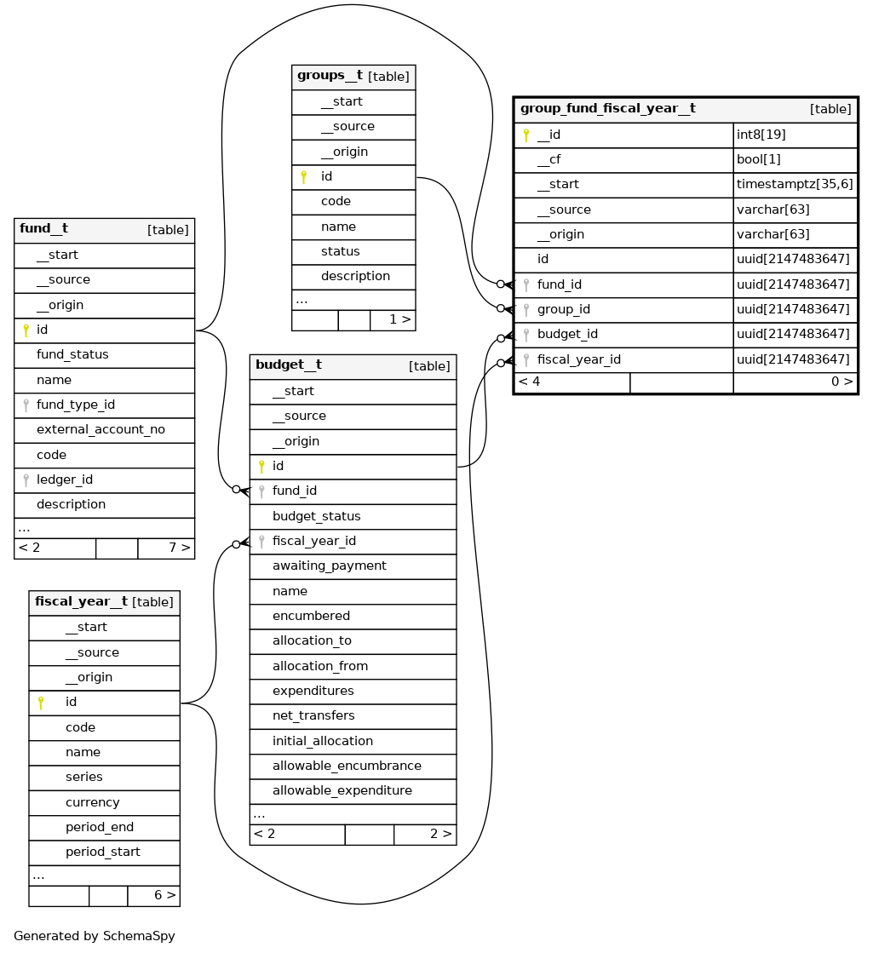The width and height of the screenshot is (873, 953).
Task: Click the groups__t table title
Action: tap(330, 76)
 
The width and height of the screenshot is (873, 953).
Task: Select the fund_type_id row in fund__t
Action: tap(76, 405)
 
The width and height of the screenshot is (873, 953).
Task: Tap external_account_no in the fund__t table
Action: tap(101, 429)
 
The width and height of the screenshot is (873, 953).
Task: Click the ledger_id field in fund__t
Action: tap(65, 479)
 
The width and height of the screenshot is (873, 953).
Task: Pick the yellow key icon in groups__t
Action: tap(303, 177)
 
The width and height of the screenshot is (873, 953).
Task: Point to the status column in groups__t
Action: tap(340, 251)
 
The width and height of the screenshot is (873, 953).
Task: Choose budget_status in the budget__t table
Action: tap(316, 516)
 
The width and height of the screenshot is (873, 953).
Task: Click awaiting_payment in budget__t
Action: tap(329, 565)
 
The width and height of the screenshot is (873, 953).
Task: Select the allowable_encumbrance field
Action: tap(347, 766)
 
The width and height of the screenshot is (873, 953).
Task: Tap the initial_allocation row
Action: tap(322, 741)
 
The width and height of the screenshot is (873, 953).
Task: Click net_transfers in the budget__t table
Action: tap(313, 715)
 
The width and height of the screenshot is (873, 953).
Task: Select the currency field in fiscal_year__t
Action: tap(92, 802)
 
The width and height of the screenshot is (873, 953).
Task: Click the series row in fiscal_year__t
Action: tap(83, 777)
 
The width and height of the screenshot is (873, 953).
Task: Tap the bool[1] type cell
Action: tap(758, 159)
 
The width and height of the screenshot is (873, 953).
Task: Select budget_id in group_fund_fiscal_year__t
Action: tap(567, 334)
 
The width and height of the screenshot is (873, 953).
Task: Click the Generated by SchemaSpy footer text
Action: tap(95, 936)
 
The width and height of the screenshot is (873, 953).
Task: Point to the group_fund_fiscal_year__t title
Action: tap(607, 109)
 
